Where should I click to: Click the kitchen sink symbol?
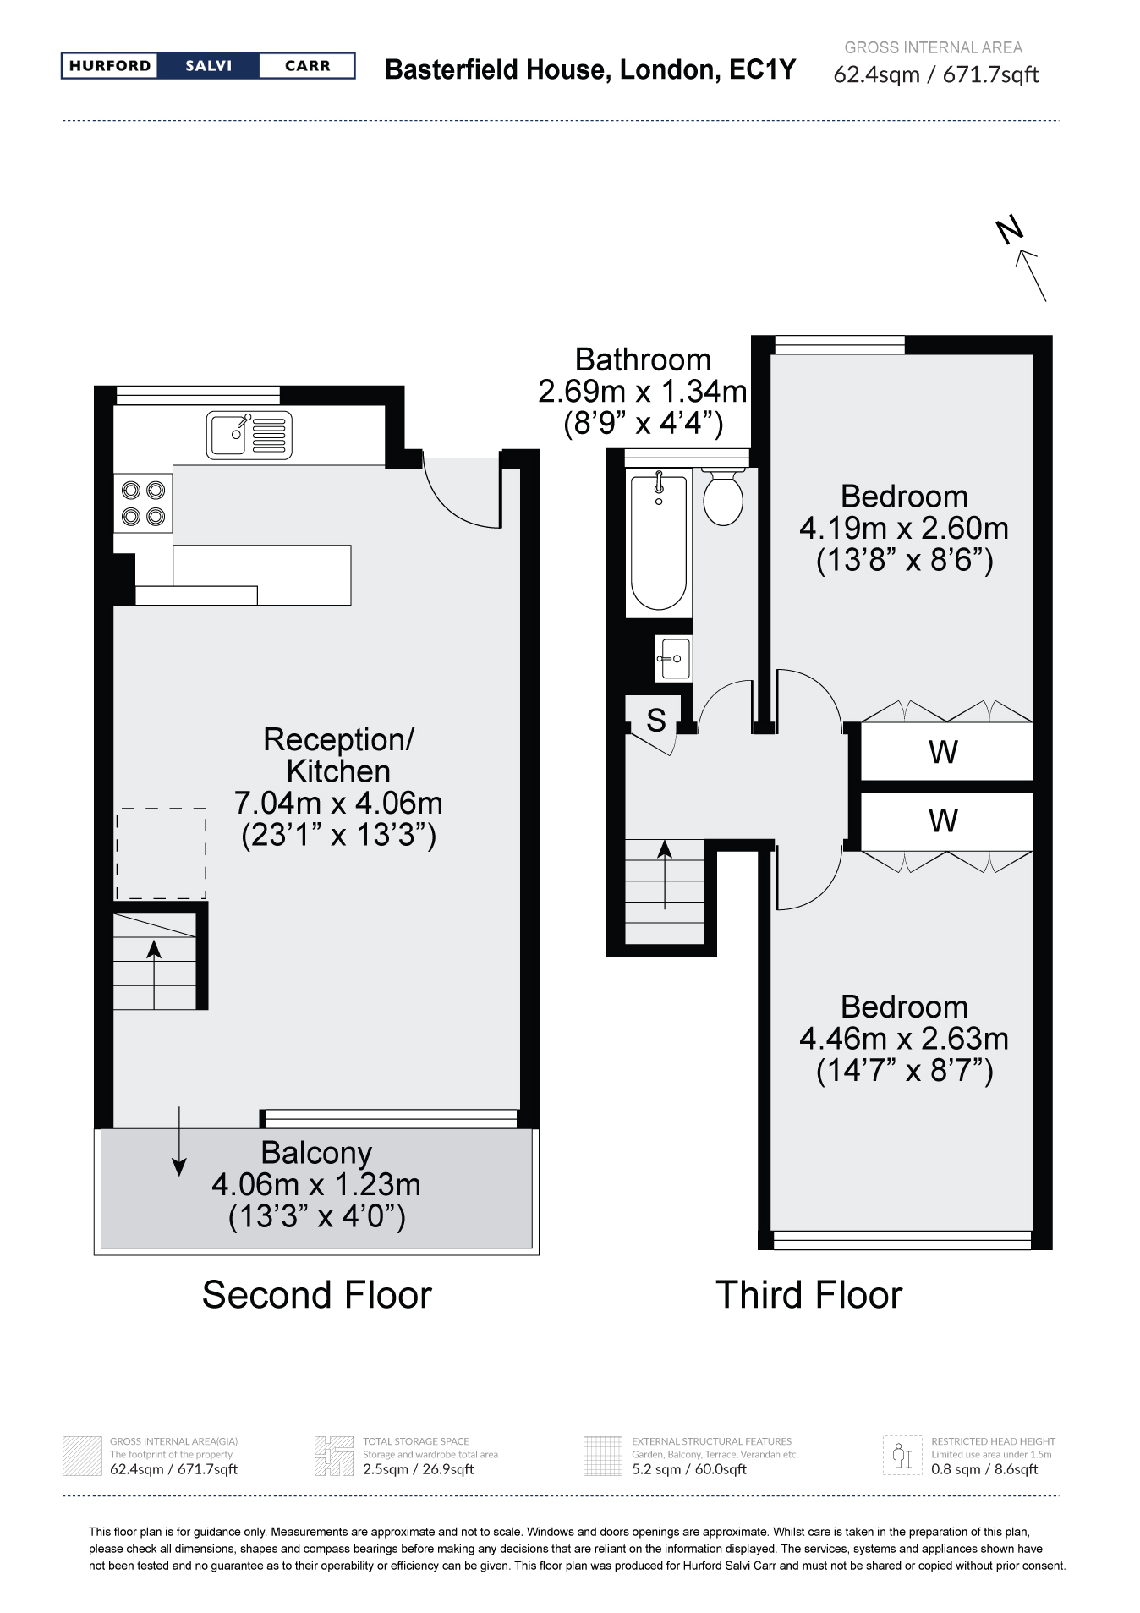pyautogui.click(x=249, y=436)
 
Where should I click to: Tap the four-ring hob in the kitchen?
pyautogui.click(x=143, y=502)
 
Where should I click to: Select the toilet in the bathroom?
pyautogui.click(x=723, y=496)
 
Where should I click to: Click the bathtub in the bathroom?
pyautogui.click(x=659, y=541)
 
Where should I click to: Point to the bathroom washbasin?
pyautogui.click(x=674, y=658)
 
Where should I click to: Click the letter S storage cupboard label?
pyautogui.click(x=655, y=720)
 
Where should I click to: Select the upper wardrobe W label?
pyautogui.click(x=943, y=751)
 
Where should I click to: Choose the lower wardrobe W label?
pyautogui.click(x=943, y=820)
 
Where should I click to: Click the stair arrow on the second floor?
pyautogui.click(x=154, y=974)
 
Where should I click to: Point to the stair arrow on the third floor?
pyautogui.click(x=665, y=875)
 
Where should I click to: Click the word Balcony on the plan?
pyautogui.click(x=316, y=1153)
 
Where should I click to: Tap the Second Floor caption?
pyautogui.click(x=316, y=1295)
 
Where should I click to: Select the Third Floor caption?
pyautogui.click(x=808, y=1295)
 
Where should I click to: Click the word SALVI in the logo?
pyautogui.click(x=208, y=66)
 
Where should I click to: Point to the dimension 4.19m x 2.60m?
pyautogui.click(x=904, y=528)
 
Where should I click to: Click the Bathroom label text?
pyautogui.click(x=643, y=359)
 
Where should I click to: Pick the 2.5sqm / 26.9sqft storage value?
pyautogui.click(x=418, y=1469)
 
